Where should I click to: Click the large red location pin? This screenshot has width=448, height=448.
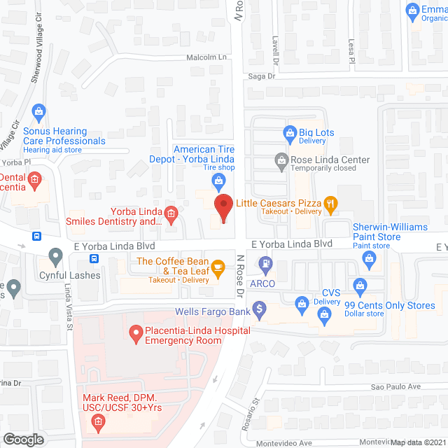(x=223, y=208)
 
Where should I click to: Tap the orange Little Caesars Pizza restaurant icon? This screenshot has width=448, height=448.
(x=331, y=204)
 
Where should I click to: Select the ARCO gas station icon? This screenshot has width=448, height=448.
(x=266, y=264)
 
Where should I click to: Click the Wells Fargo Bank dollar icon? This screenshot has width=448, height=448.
(x=259, y=307)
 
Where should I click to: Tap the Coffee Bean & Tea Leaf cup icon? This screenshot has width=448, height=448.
(x=218, y=266)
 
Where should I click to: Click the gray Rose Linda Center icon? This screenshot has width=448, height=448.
(x=281, y=160)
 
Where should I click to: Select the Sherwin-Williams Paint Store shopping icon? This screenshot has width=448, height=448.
(x=370, y=258)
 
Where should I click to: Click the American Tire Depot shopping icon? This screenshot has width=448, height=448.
(x=219, y=182)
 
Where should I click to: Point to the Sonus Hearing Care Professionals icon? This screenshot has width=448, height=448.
(x=39, y=110)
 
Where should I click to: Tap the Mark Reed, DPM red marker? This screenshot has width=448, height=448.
(x=97, y=421)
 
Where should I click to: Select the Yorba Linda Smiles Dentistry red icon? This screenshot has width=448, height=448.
(x=170, y=212)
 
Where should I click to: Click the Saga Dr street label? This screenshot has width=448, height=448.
(x=258, y=76)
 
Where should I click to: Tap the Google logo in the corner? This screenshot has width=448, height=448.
(x=24, y=439)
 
